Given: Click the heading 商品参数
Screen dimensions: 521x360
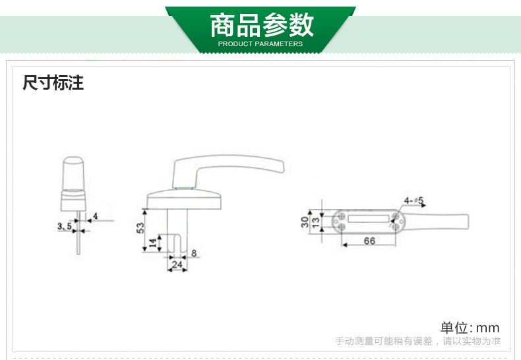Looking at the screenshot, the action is (x=261, y=26).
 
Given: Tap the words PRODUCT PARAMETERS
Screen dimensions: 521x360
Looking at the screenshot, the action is (x=260, y=44).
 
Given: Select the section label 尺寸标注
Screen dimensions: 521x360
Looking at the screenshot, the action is (x=53, y=84).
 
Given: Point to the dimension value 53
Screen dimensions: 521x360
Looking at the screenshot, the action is (x=140, y=227).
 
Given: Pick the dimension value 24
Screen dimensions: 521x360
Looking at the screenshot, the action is (x=176, y=265).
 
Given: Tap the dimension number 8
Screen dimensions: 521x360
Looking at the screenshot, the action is (x=194, y=253).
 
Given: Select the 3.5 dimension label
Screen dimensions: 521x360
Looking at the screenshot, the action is (x=65, y=226).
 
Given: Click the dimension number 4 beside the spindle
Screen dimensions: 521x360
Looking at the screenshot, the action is (x=96, y=216).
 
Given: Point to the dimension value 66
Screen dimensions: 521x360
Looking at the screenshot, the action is (x=369, y=241).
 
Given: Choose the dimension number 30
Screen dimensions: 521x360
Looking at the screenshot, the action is (x=305, y=221).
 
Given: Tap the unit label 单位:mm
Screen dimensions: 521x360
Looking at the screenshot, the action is (x=470, y=328).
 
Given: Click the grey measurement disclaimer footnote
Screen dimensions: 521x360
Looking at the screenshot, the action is (x=417, y=342).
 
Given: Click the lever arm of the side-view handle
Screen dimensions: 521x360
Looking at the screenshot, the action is (x=231, y=165).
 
